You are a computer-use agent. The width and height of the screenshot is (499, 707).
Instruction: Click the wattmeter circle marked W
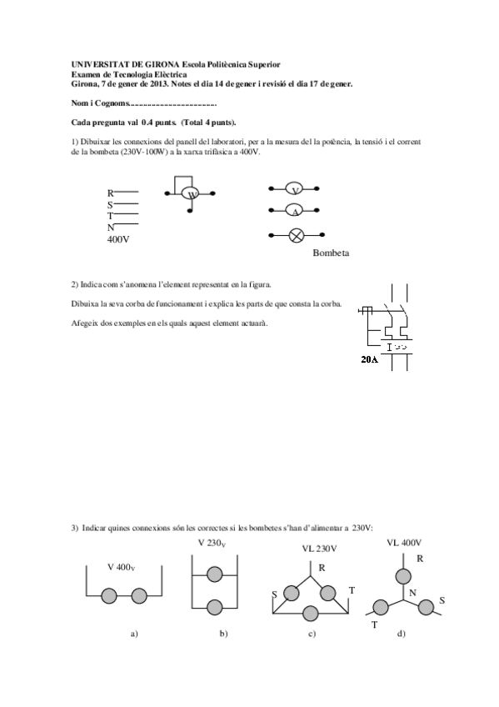click(192, 194)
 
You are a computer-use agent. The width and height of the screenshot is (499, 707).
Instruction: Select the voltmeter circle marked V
click(295, 190)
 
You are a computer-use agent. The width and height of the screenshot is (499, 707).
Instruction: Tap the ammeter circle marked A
click(295, 212)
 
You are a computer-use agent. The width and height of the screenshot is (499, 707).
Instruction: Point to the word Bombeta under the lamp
click(331, 252)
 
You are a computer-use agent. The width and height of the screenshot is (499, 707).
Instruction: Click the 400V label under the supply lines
click(118, 239)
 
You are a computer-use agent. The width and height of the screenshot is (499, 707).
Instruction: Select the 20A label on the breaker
click(369, 360)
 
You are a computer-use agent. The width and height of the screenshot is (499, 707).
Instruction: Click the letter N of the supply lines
click(110, 228)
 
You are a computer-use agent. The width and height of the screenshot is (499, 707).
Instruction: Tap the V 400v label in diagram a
click(121, 567)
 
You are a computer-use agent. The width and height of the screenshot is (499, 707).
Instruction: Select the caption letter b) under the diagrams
click(223, 634)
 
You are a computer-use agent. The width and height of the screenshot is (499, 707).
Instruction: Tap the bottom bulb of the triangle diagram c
click(312, 613)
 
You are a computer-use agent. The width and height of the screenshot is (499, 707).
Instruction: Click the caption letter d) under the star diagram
click(402, 634)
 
